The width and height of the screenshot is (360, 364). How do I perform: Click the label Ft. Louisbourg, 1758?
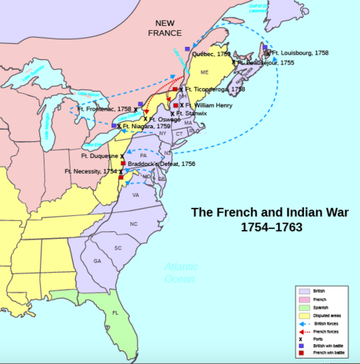pyautogui.click(x=301, y=53)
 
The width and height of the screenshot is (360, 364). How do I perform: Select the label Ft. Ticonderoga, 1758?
pyautogui.click(x=214, y=89)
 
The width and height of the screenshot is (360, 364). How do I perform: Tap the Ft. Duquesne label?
pyautogui.click(x=98, y=155)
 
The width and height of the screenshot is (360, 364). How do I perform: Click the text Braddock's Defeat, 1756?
pyautogui.click(x=161, y=164)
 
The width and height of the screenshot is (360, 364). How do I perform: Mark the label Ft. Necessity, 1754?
pyautogui.click(x=91, y=172)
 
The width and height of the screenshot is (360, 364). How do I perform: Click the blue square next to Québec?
pyautogui.click(x=186, y=49)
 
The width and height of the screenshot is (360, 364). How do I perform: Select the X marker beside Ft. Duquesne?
pyautogui.click(x=121, y=155)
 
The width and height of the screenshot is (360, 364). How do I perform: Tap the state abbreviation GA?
pyautogui.click(x=97, y=261)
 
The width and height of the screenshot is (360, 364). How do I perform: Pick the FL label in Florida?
pyautogui.click(x=116, y=312)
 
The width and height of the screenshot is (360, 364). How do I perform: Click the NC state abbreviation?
pyautogui.click(x=133, y=224)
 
